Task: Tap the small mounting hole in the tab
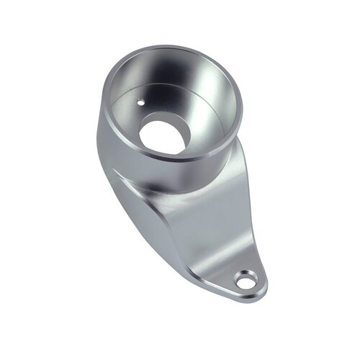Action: (246, 279)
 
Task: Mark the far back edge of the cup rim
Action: (173, 47)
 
